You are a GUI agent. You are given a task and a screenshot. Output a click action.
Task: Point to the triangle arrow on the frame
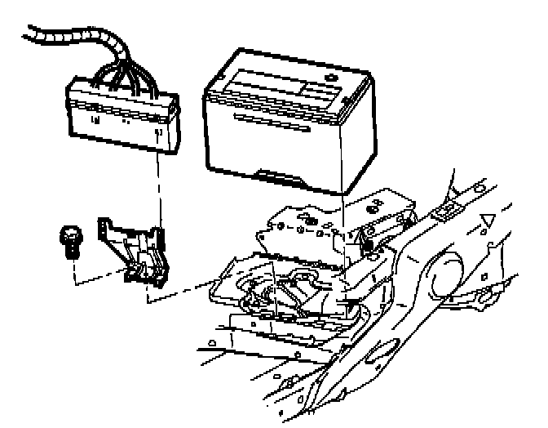pyautogui.click(x=488, y=219)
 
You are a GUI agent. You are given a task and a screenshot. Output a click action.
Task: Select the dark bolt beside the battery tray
pyautogui.click(x=368, y=243)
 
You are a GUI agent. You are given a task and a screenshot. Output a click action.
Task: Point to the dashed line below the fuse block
pyautogui.click(x=157, y=188)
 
